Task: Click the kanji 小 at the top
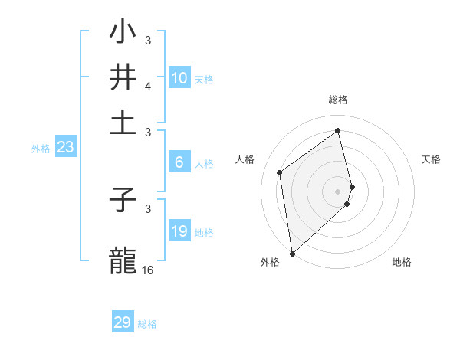coord(123,32)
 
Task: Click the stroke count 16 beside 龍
coord(147,270)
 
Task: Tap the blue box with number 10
coord(179,78)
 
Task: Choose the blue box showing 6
coord(179,162)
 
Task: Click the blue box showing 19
coord(179,231)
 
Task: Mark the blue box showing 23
coord(65,147)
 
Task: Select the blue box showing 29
coord(123,322)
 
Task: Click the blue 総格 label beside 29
coord(147,324)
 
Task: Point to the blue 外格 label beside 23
coord(40,149)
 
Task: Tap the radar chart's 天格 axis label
coord(431,159)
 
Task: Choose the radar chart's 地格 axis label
coord(402,263)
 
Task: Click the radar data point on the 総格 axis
coord(338,130)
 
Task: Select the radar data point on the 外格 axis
coord(292,254)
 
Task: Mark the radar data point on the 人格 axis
coord(280,172)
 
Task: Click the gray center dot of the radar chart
coord(338,191)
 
